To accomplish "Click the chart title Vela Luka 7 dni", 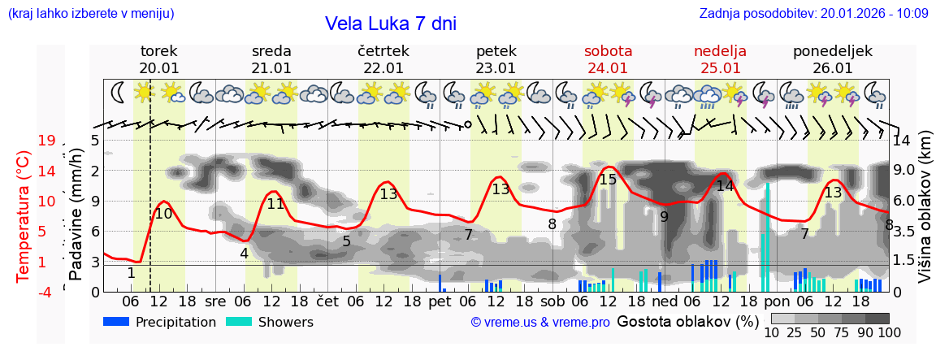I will [x=390, y=24].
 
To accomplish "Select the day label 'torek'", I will [x=158, y=50].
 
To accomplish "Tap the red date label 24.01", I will [x=608, y=68].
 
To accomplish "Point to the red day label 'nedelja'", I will [x=720, y=50].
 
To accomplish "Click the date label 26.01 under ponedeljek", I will [x=832, y=68].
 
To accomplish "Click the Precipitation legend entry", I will [x=160, y=322].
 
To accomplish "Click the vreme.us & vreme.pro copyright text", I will [x=540, y=322].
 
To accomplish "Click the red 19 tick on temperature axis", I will [x=46, y=141].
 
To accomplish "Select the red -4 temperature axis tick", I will [x=46, y=292].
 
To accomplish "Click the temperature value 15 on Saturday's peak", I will [x=608, y=180].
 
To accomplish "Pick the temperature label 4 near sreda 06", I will [x=244, y=253].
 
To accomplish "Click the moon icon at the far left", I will [x=119, y=93].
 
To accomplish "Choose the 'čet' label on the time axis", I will [x=327, y=301].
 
